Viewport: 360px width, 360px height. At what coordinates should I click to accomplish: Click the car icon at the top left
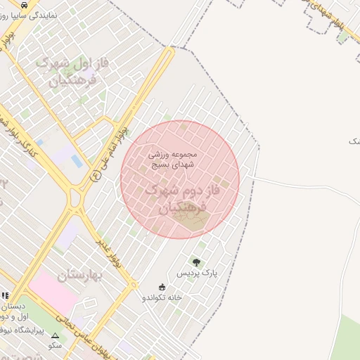25,5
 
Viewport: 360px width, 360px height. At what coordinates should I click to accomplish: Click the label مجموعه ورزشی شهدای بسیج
173,159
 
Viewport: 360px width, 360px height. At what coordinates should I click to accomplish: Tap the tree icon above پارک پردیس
196,262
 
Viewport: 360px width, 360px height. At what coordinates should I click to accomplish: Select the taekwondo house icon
162,286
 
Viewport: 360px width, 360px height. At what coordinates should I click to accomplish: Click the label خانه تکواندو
162,297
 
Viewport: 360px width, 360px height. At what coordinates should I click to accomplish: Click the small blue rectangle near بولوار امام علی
76,161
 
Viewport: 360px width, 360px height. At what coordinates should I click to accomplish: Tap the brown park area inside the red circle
191,219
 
